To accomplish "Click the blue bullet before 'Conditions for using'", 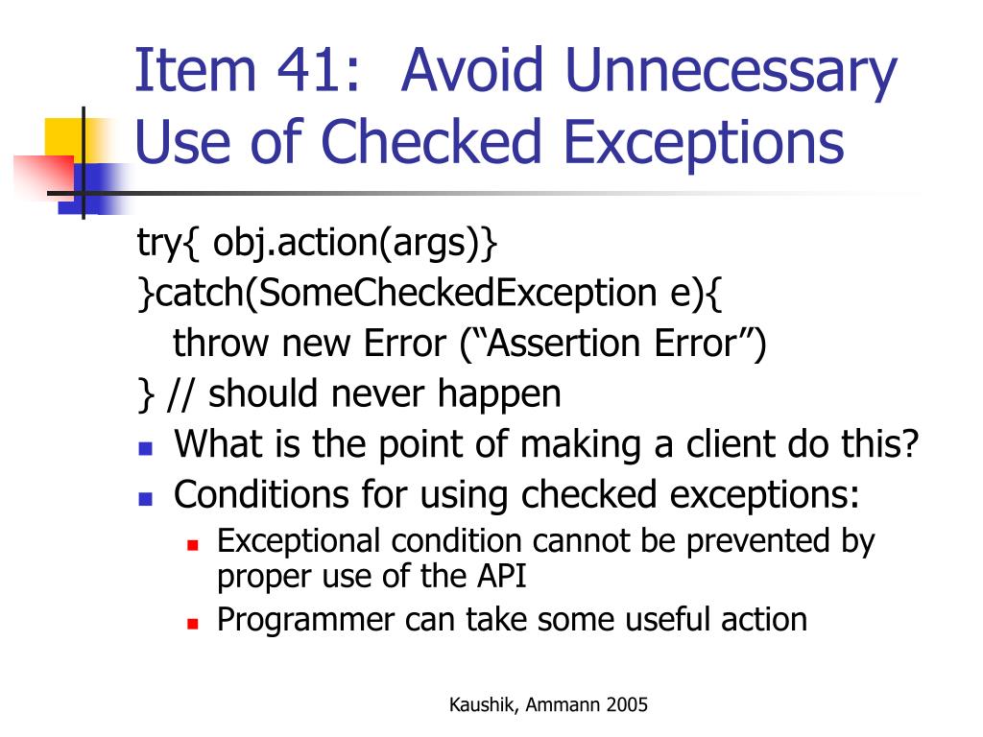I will (145, 498).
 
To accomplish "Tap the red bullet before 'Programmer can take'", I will (192, 622).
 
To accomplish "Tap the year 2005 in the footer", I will (627, 705).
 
